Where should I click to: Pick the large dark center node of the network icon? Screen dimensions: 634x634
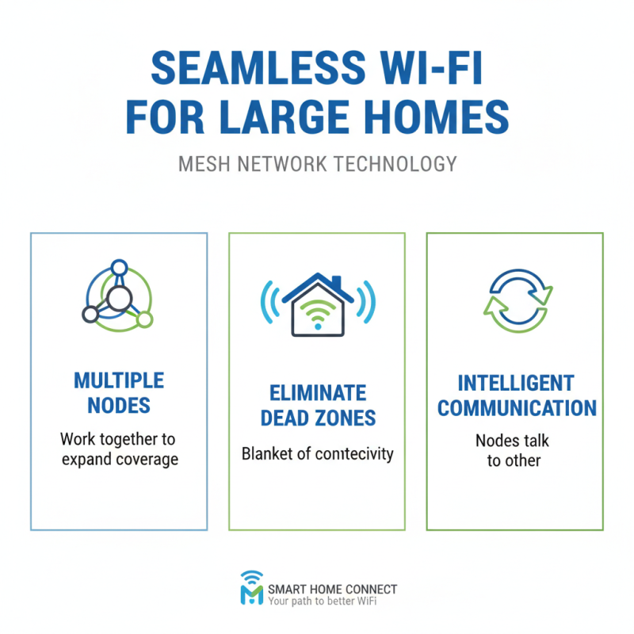pyautogui.click(x=119, y=299)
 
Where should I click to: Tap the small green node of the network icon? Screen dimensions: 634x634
pyautogui.click(x=144, y=319)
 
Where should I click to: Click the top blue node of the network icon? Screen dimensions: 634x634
pyautogui.click(x=119, y=267)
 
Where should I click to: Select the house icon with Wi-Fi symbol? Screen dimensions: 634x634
pyautogui.click(x=316, y=305)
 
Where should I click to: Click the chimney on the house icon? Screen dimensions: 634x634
pyautogui.click(x=337, y=283)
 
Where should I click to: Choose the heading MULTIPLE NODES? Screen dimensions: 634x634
pyautogui.click(x=119, y=393)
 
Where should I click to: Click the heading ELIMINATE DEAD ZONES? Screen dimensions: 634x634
pyautogui.click(x=316, y=405)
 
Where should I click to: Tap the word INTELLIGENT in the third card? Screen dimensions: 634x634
pyautogui.click(x=516, y=384)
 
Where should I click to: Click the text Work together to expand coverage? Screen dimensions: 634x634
pyautogui.click(x=119, y=449)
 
